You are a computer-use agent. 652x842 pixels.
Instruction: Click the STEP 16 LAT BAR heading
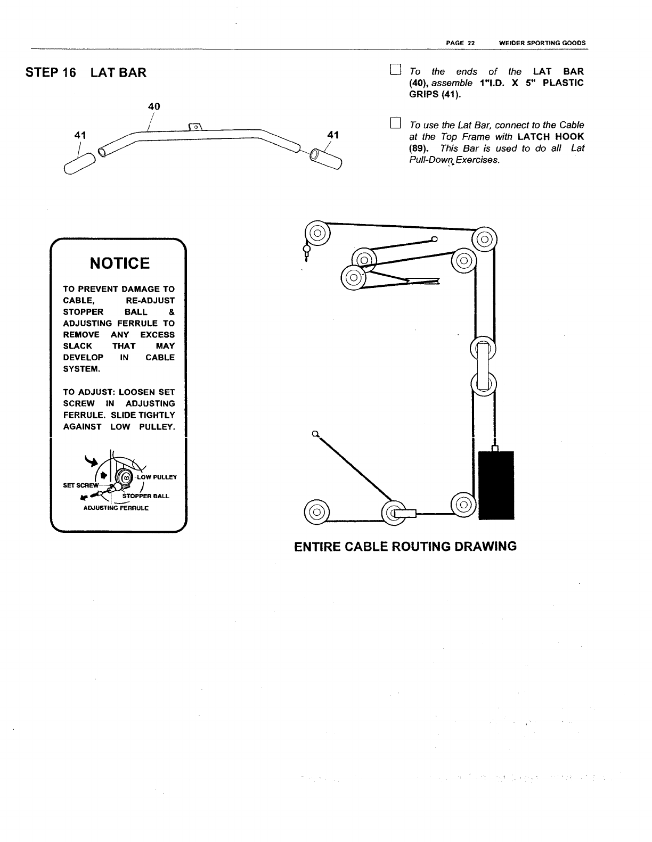(x=86, y=73)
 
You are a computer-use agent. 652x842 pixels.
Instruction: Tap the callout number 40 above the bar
(x=154, y=106)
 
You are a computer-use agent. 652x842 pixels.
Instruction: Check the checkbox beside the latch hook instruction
(x=395, y=124)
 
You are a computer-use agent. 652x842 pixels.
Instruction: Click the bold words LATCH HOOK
(x=551, y=137)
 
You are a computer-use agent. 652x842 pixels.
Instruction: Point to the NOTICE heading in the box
(x=120, y=263)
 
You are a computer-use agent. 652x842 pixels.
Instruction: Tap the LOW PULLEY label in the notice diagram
(x=157, y=477)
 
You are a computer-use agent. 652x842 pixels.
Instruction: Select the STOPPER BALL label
(x=145, y=496)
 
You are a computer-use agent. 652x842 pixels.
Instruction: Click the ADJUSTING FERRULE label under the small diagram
(x=116, y=508)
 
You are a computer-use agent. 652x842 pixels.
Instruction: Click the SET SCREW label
(x=80, y=485)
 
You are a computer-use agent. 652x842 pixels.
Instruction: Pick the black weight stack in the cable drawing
(x=496, y=484)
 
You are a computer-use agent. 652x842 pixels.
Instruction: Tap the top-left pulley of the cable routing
(x=317, y=233)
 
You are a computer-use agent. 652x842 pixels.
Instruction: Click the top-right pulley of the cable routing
(x=484, y=240)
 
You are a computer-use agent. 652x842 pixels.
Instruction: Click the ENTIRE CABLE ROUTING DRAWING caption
(x=405, y=547)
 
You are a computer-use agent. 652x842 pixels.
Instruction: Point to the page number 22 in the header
(x=471, y=43)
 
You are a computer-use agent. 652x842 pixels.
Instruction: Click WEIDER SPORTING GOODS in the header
(x=542, y=43)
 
